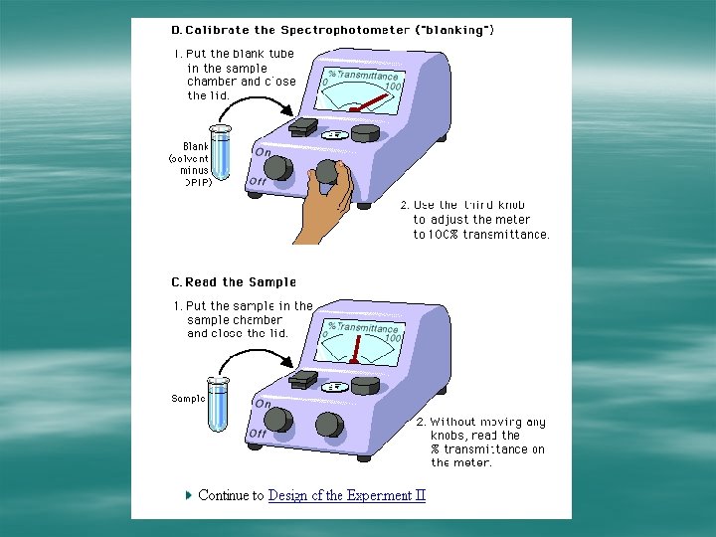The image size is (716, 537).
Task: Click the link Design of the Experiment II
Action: click(x=346, y=495)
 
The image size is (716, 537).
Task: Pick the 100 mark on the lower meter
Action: click(x=393, y=338)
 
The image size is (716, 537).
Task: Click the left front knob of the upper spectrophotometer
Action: click(x=277, y=168)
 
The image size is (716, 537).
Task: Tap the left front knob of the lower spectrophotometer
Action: click(x=278, y=420)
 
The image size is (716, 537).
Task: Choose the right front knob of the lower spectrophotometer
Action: click(x=329, y=425)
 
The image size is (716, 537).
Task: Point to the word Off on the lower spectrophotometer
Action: click(x=257, y=434)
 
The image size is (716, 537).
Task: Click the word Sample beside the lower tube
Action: click(x=188, y=399)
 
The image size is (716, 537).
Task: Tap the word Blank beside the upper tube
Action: click(x=195, y=146)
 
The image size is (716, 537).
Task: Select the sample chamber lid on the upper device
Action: click(x=303, y=126)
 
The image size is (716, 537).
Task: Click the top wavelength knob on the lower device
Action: click(x=365, y=385)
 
